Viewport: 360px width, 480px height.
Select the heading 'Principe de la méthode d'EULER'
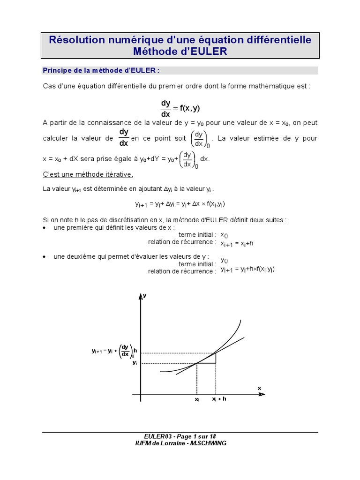point(101,70)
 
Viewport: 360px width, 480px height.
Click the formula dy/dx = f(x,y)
point(180,108)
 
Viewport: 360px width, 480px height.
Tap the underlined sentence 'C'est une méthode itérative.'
point(88,174)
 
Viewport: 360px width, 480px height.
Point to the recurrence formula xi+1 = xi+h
point(237,243)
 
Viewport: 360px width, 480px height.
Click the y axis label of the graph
point(145,295)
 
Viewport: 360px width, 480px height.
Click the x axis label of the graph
point(259,388)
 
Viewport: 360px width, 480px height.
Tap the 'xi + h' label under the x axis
point(219,399)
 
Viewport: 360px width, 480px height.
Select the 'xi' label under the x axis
point(197,400)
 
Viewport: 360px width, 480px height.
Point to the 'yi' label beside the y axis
point(135,363)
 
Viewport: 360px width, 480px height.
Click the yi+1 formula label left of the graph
point(114,351)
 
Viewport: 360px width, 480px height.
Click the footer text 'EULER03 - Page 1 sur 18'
point(180,436)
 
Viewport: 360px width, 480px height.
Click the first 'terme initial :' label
point(197,234)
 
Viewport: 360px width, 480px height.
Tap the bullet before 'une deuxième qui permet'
point(44,257)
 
